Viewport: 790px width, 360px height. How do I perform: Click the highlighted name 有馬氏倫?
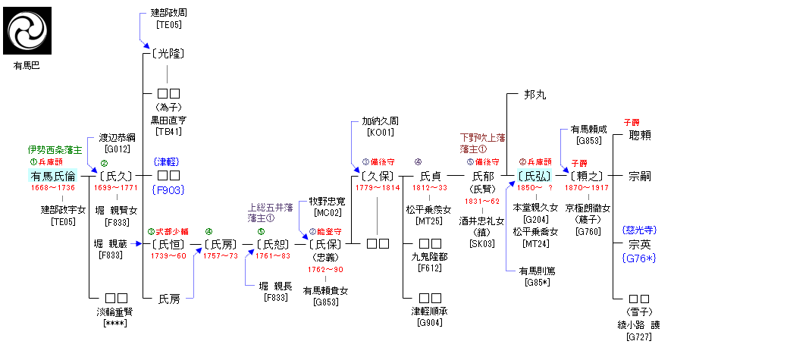53,177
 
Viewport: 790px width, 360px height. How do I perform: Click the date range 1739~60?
168,256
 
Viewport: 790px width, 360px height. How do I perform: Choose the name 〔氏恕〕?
272,245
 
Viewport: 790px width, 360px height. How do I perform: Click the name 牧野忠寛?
326,202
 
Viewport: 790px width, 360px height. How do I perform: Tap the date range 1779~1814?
378,188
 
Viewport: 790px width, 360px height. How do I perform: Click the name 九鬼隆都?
428,256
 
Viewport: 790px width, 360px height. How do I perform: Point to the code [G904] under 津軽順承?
428,323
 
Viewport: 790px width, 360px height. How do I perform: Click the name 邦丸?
535,95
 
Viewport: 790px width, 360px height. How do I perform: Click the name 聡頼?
640,135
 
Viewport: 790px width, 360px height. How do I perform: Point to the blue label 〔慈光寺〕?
640,230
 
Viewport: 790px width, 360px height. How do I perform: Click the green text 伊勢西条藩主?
55,150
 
